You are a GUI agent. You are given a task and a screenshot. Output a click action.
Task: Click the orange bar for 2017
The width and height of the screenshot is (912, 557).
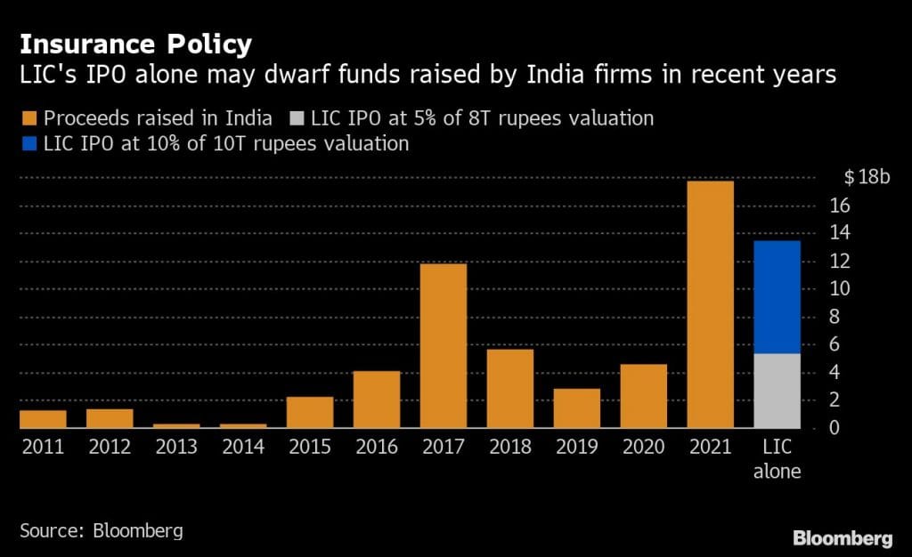443,346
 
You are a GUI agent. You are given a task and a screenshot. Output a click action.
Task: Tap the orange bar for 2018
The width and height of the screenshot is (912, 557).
509,389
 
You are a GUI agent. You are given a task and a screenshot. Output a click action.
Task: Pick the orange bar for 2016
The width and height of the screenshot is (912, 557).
376,400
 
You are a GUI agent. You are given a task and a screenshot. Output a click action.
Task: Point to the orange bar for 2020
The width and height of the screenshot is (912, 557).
643,396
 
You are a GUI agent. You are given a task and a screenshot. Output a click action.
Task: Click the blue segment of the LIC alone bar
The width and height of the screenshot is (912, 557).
777,297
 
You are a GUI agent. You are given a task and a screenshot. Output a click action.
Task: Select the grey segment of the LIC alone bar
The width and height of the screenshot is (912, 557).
777,391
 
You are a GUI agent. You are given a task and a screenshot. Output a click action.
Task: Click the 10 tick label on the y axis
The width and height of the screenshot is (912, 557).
841,289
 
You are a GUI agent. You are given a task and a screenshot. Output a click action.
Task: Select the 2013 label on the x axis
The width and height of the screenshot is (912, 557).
176,447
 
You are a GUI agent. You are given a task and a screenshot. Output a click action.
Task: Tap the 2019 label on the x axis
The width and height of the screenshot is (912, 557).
576,447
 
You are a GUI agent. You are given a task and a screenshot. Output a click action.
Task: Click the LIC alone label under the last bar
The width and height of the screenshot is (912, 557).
777,459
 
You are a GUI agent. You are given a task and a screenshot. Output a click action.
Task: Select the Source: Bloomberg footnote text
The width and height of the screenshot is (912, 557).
101,532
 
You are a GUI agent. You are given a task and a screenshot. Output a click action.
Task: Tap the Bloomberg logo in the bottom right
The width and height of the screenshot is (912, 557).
843,538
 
